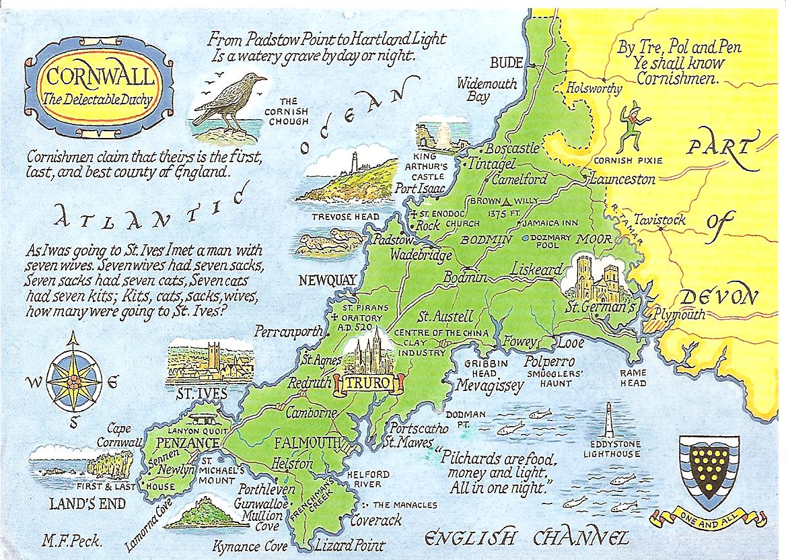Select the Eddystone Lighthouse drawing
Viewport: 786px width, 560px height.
click(x=609, y=423)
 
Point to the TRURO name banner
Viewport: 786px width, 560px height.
click(x=371, y=384)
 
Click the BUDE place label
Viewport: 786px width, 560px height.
click(x=506, y=63)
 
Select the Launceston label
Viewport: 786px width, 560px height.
click(x=622, y=180)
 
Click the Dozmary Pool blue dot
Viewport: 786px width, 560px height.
click(x=524, y=238)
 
